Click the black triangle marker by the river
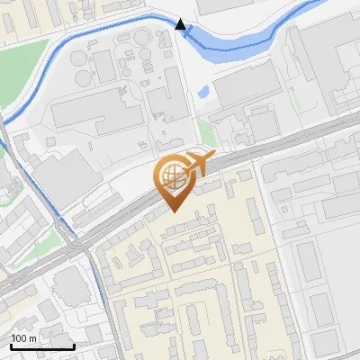181,24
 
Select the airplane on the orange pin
197,165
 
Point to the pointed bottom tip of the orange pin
173,211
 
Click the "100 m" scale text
23,338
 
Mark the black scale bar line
41,346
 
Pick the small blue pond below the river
203,92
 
